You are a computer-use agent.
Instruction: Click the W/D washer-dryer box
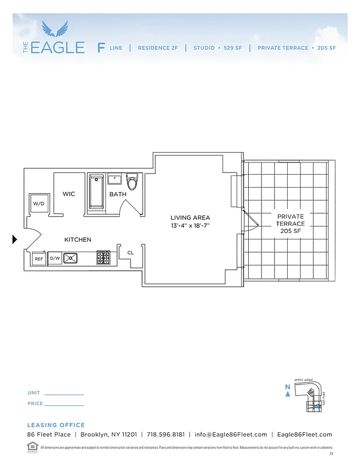39,204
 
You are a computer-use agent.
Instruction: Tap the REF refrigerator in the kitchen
39,258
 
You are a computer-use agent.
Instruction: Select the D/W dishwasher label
55,257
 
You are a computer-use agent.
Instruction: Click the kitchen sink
71,257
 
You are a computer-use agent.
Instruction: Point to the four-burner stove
104,257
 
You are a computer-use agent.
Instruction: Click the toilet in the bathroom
132,182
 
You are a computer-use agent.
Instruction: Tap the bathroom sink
114,179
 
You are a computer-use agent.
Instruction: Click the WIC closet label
69,194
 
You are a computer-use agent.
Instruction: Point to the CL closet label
130,253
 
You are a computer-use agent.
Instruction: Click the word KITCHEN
77,239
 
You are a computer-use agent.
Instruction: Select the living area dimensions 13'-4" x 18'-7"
190,225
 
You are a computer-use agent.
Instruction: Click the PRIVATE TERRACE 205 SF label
290,224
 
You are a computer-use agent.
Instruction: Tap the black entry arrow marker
15,239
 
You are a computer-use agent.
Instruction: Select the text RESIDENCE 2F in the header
158,48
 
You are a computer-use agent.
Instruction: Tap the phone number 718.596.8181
166,435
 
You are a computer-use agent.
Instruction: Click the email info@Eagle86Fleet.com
231,435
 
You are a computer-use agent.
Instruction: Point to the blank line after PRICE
65,404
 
